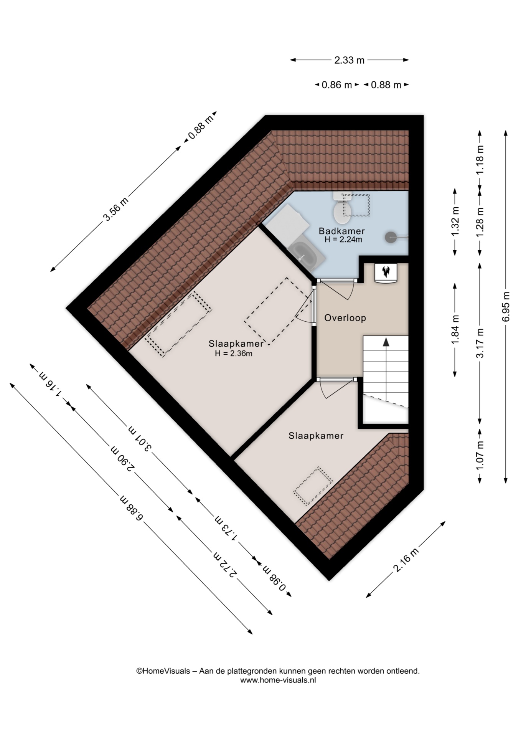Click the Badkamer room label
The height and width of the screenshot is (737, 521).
(x=341, y=231)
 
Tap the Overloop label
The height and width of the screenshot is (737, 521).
(x=345, y=318)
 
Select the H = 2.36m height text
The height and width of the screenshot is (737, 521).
(x=234, y=354)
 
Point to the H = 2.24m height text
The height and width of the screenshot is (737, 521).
(x=343, y=240)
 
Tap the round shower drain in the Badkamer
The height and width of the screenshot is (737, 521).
(x=390, y=237)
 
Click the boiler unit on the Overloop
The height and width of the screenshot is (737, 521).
(x=385, y=273)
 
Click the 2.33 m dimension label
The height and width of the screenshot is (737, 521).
(x=349, y=60)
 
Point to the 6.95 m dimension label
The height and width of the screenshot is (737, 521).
(x=506, y=307)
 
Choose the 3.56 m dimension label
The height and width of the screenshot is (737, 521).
(x=115, y=209)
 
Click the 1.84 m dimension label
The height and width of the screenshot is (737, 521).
(x=455, y=330)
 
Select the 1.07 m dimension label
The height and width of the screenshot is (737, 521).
(x=480, y=454)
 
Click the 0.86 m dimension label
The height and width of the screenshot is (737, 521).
(x=336, y=85)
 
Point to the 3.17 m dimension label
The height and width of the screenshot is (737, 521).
(x=480, y=343)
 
